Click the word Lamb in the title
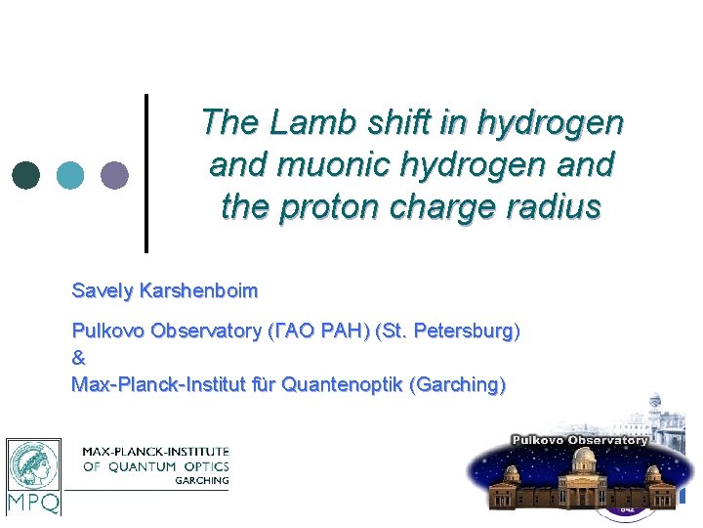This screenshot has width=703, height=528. pyautogui.click(x=310, y=123)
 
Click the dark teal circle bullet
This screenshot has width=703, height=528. pyautogui.click(x=26, y=175)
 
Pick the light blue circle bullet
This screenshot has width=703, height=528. pyautogui.click(x=70, y=175)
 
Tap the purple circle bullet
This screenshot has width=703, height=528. pyautogui.click(x=114, y=175)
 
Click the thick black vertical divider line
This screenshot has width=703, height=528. pyautogui.click(x=146, y=172)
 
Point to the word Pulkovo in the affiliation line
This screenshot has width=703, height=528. pyautogui.click(x=106, y=331)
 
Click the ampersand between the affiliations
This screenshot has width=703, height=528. pyautogui.click(x=79, y=358)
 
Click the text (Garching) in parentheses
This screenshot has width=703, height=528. pyautogui.click(x=461, y=384)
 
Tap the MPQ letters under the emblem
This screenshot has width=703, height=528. pyautogui.click(x=33, y=503)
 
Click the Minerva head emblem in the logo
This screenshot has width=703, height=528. pyautogui.click(x=33, y=464)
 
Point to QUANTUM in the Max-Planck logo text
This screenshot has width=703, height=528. pyautogui.click(x=143, y=466)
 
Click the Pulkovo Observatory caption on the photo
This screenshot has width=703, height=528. pyautogui.click(x=580, y=440)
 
